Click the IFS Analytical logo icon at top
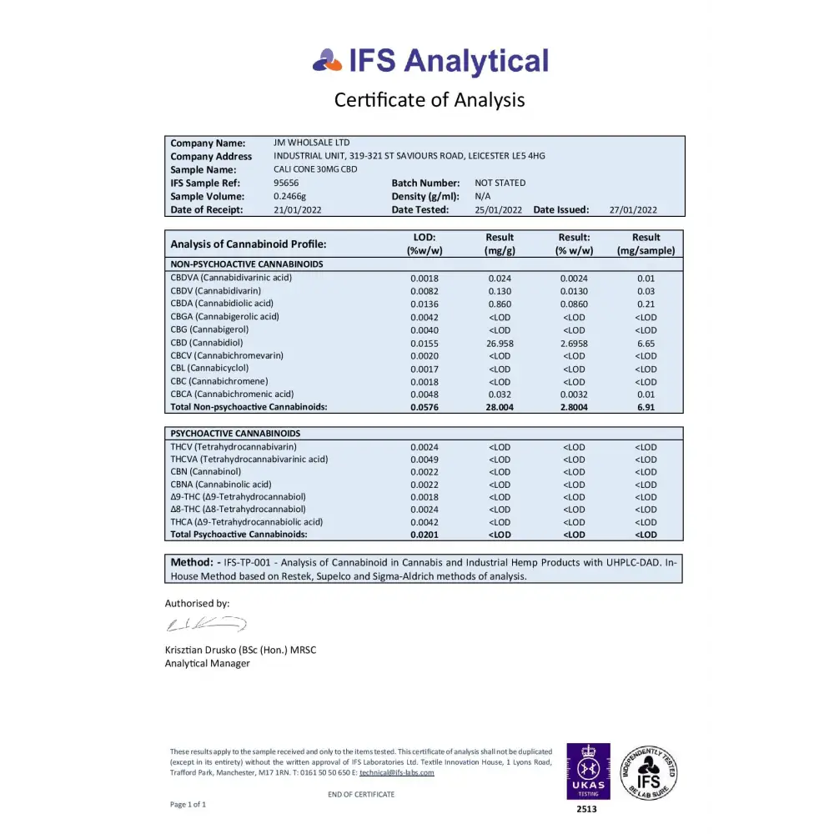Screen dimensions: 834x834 [328, 60]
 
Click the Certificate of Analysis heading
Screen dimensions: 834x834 [430, 100]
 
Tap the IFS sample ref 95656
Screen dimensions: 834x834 [286, 183]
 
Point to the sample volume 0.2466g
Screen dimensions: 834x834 [290, 196]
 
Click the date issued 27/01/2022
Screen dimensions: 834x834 [633, 210]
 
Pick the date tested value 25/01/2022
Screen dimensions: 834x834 [499, 210]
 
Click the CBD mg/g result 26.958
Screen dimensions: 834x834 [500, 343]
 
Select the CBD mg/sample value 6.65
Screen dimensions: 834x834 [646, 343]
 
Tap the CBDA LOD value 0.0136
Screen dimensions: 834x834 [425, 304]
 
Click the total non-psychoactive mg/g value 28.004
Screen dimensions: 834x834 [500, 407]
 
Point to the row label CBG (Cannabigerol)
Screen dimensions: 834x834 [209, 329]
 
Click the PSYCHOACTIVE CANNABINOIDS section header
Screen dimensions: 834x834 [235, 434]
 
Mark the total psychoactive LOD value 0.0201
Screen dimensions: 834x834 [425, 535]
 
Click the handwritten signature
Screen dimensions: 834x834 [205, 624]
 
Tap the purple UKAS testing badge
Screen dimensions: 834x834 [588, 771]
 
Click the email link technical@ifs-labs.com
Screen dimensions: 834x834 [397, 772]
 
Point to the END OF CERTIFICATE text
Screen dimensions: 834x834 [361, 794]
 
